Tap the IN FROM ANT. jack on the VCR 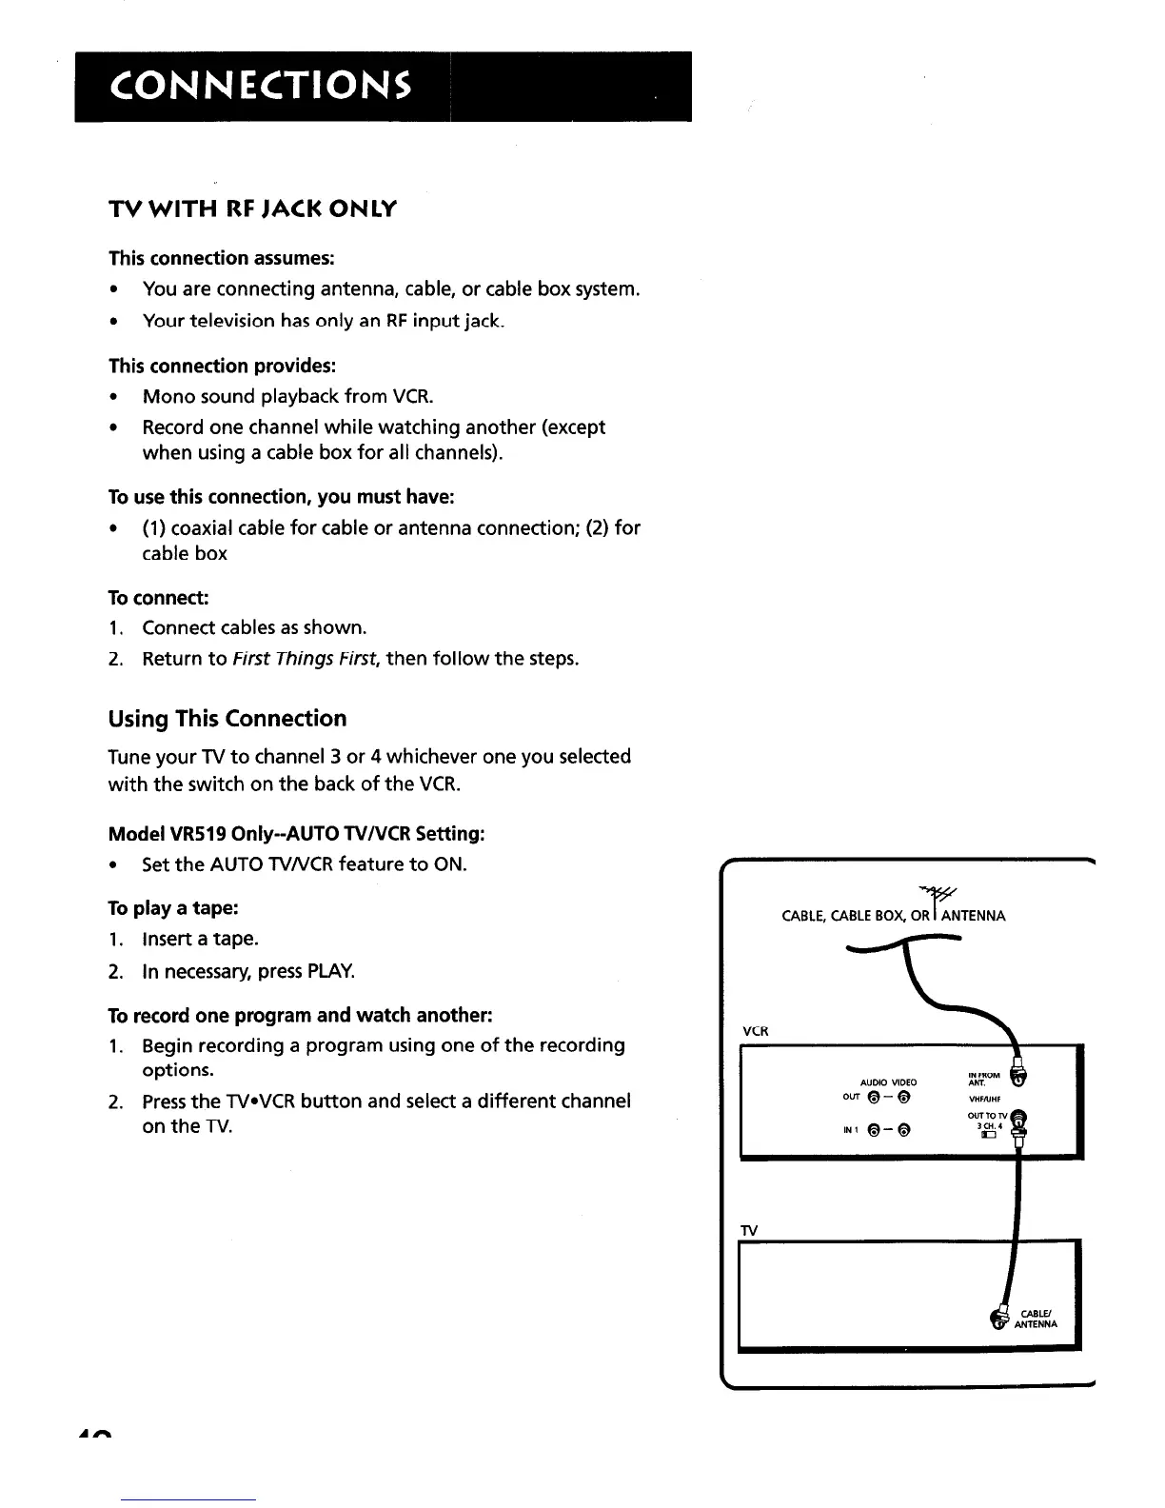pos(1021,1079)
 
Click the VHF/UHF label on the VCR pos(982,1099)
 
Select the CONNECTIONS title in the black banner pos(261,87)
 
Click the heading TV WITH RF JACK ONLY pos(252,208)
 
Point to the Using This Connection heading pos(227,719)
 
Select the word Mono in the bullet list pos(170,396)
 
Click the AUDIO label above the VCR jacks pos(873,1082)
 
